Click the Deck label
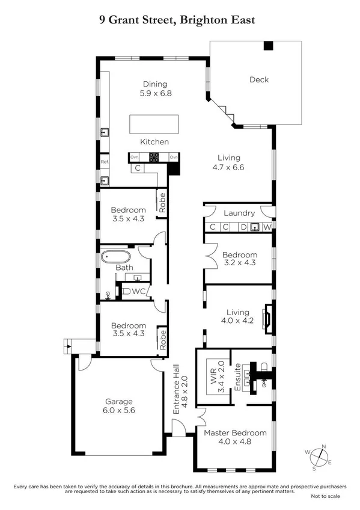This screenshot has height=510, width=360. coord(259,79)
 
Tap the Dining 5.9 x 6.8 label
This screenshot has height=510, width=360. coord(155,89)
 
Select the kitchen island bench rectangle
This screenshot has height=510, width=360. coord(154,124)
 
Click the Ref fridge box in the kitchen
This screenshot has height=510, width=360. coord(104,162)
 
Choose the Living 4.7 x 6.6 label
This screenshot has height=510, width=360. coord(230,163)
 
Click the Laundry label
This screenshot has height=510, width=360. coord(239,213)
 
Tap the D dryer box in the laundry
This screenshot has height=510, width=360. coord(243,227)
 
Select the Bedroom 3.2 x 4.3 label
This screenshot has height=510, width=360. coord(239,259)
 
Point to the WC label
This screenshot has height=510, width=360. coord(138,292)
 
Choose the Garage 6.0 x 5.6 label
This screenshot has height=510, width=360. coord(118,406)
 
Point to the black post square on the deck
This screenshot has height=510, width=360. coord(268,46)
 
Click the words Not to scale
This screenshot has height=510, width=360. coord(325,496)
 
